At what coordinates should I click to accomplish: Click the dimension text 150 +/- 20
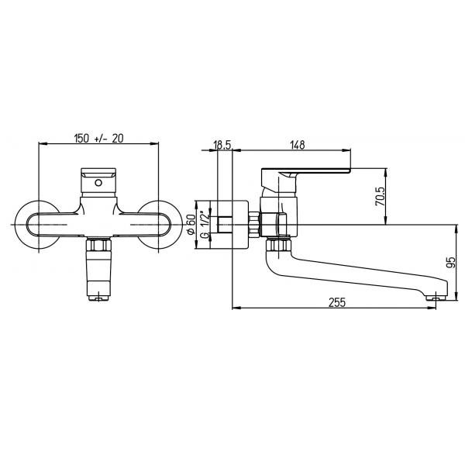click(98, 138)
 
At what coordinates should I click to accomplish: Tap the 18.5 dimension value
click(222, 145)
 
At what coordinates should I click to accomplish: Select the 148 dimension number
click(298, 145)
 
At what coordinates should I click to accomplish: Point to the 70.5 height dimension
click(380, 196)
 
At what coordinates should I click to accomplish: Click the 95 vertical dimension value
click(451, 263)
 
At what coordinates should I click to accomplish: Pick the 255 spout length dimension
click(337, 302)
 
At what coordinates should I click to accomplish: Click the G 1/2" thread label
click(205, 225)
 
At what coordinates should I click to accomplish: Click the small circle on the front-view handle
click(98, 183)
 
